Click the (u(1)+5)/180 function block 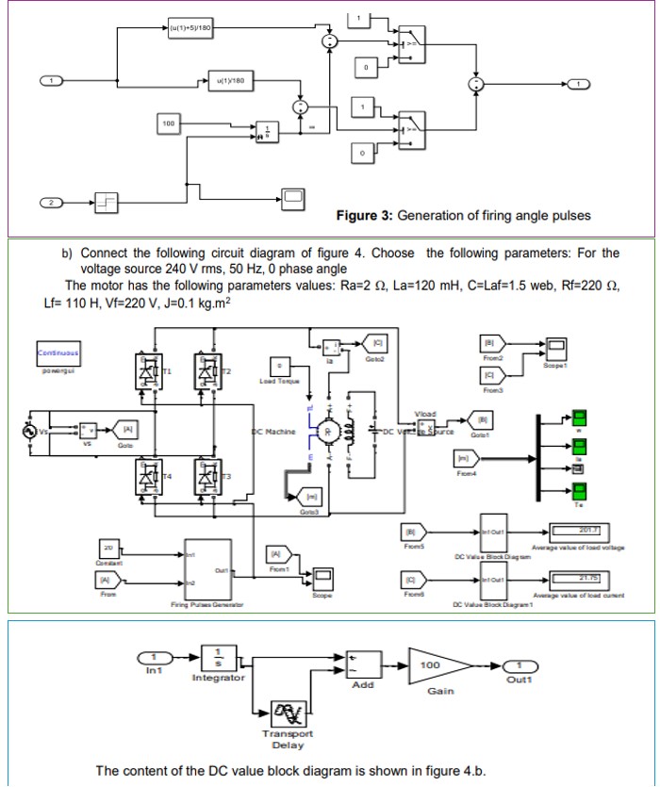[x=191, y=28]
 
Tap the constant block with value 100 [x=169, y=123]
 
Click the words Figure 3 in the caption [x=364, y=216]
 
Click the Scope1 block [x=555, y=346]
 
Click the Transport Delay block [x=288, y=715]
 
